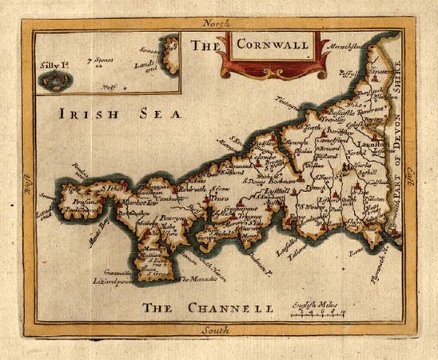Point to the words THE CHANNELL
[x=208, y=308]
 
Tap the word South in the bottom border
[x=216, y=331]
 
